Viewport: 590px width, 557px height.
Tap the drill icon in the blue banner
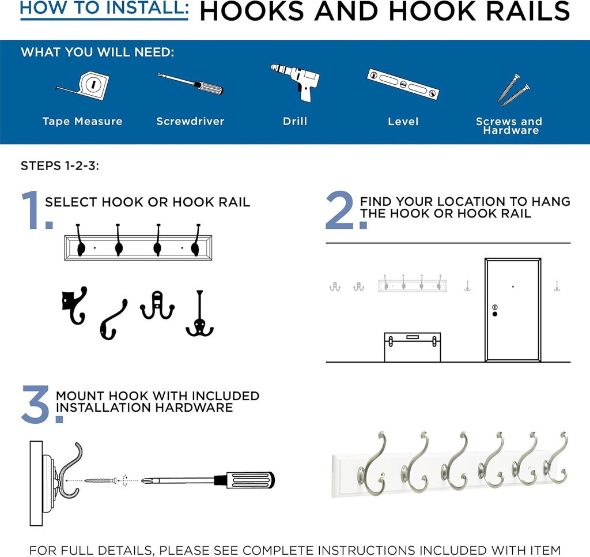tap(296, 81)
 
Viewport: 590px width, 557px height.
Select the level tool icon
tap(403, 83)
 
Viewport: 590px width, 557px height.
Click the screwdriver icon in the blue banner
tap(190, 84)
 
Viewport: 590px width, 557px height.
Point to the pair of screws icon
tap(513, 89)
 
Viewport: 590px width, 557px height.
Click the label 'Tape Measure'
tap(82, 121)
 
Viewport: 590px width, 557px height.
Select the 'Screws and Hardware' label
tap(509, 126)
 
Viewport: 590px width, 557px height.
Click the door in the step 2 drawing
tap(513, 310)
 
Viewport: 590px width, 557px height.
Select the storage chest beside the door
tap(412, 347)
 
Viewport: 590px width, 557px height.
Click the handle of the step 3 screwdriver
tap(249, 480)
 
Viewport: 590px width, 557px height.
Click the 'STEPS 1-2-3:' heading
tap(60, 166)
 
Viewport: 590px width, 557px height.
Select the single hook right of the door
tap(557, 285)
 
